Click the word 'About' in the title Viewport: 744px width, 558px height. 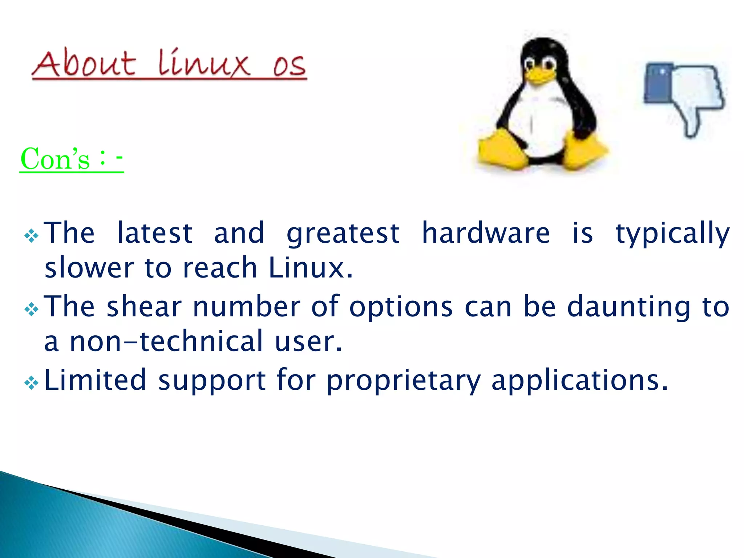point(84,64)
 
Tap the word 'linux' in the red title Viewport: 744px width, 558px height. point(204,63)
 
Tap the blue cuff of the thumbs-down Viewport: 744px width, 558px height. point(658,84)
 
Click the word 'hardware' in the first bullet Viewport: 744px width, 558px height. point(486,233)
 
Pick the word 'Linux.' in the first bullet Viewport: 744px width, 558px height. point(311,268)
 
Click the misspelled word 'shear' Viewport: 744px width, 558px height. point(144,307)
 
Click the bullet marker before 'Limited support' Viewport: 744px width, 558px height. point(31,383)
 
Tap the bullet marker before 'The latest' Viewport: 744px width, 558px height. point(31,236)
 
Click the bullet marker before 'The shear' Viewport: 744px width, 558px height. point(31,310)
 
